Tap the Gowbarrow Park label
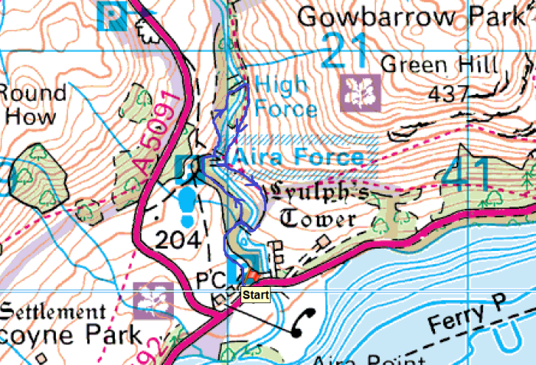pyautogui.click(x=414, y=16)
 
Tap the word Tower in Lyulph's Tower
pyautogui.click(x=318, y=220)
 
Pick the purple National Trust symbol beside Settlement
pyautogui.click(x=154, y=300)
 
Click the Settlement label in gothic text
pyautogui.click(x=52, y=312)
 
